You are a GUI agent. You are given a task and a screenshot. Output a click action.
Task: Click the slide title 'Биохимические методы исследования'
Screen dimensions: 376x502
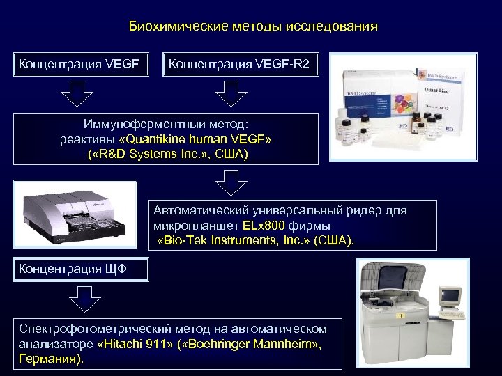coord(253,27)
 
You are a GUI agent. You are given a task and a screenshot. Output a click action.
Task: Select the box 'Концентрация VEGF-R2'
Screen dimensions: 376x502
coord(240,65)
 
